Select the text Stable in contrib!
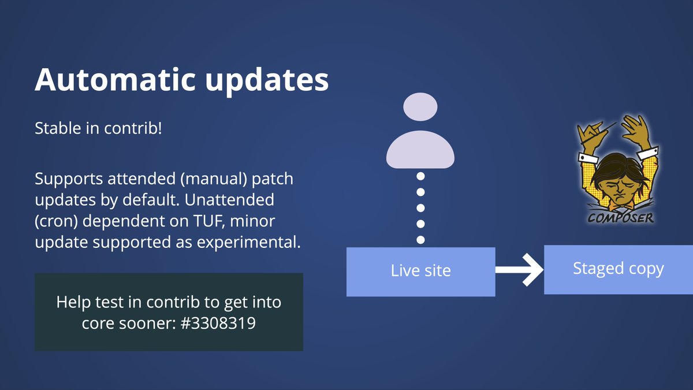(98, 128)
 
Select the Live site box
(420, 271)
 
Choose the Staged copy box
(618, 269)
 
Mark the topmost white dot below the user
(421, 176)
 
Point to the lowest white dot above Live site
(421, 239)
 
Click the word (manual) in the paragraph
(215, 179)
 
